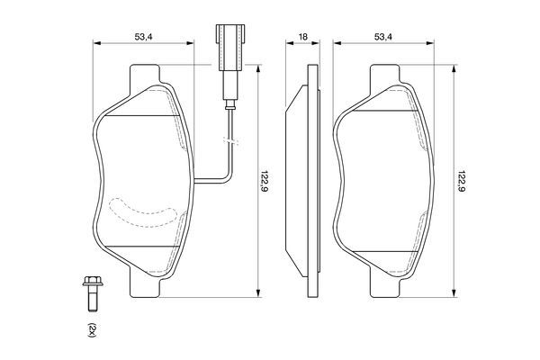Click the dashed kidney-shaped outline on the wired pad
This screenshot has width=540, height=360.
144,213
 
